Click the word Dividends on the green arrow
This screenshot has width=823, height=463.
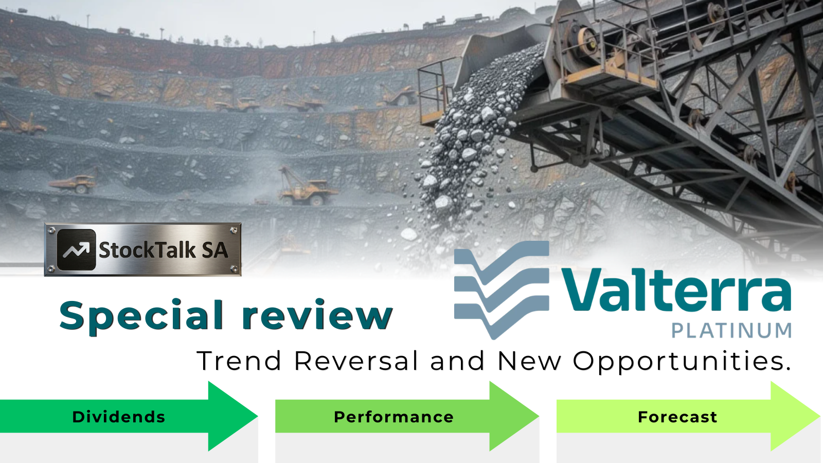119,417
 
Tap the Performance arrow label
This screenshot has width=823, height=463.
393,417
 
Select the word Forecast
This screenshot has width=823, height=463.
677,417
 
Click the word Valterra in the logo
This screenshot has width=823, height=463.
676,290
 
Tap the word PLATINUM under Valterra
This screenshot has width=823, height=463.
731,330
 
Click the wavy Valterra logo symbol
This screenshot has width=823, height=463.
502,290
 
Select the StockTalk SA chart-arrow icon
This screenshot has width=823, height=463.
77,250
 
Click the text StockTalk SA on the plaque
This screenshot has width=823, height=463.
164,251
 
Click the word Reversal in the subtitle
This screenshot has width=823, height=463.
356,361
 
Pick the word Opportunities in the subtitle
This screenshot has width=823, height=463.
682,361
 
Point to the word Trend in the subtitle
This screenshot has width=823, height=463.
239,361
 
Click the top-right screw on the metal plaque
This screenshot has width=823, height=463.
234,230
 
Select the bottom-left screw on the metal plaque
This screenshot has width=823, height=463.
52,269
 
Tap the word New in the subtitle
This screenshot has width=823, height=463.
529,361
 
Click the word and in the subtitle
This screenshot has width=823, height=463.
457,361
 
